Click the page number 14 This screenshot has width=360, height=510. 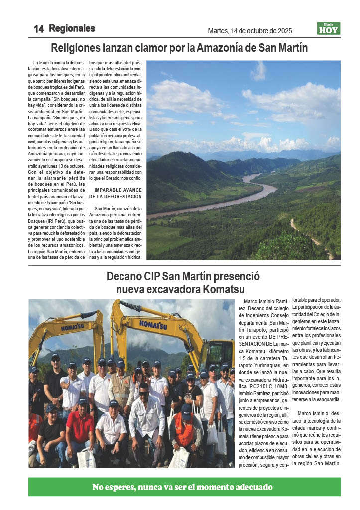pyautogui.click(x=38, y=29)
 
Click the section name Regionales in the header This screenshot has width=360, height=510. pyautogui.click(x=72, y=28)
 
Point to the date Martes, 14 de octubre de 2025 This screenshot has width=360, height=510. pyautogui.click(x=249, y=31)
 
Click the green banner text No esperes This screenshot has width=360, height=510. pyautogui.click(x=116, y=487)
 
